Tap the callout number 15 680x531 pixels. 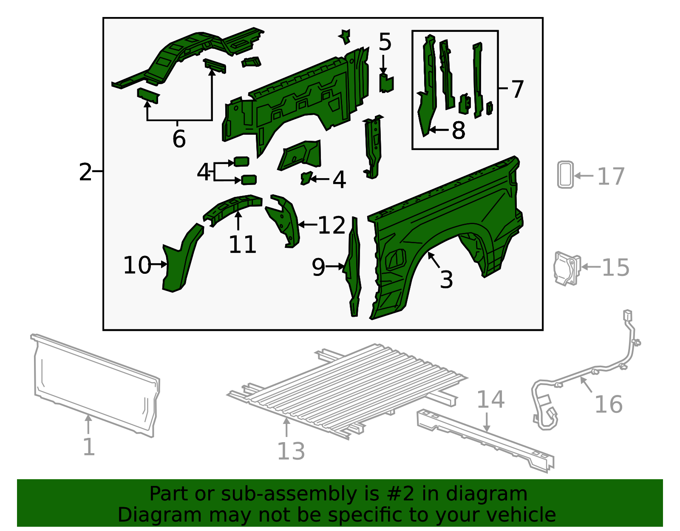[x=615, y=267]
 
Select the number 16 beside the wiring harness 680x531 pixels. [x=608, y=404]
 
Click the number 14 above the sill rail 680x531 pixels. [x=490, y=400]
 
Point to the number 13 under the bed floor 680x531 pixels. [x=291, y=451]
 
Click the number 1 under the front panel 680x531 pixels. [x=88, y=447]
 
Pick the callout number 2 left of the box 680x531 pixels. [x=85, y=172]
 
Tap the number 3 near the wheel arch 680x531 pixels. [x=446, y=279]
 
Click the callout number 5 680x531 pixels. [x=385, y=42]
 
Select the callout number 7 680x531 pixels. [x=517, y=89]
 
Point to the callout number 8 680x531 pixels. [x=458, y=130]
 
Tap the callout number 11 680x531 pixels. [x=242, y=244]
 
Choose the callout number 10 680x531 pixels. [x=137, y=265]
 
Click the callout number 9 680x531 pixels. [x=318, y=267]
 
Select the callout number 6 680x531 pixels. [x=179, y=139]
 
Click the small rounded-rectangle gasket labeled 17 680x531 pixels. [x=565, y=174]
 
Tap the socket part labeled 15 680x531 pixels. [x=567, y=268]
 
